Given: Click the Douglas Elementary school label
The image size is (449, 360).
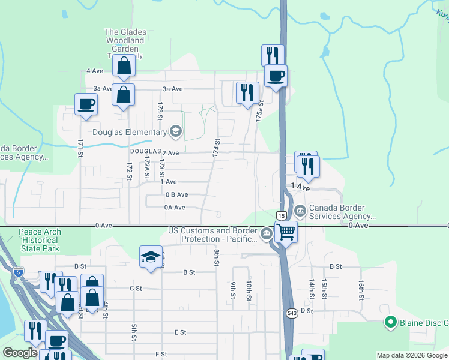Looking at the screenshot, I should coord(129,132).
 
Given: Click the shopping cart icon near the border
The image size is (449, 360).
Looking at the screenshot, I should coord(286,231).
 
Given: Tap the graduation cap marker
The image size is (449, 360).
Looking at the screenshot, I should coord(150,257).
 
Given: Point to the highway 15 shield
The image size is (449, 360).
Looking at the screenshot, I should coord(280,215).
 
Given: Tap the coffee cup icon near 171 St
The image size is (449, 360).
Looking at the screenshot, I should coord(86,104).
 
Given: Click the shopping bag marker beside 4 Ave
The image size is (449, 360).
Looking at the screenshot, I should coord(124,67).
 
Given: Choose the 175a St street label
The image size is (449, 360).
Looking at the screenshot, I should coord(259,112).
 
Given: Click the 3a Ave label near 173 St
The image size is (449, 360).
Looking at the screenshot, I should coord(172,89).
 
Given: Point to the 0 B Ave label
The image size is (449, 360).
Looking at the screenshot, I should coord(177,194).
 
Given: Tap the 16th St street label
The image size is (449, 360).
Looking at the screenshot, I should coord(361,289).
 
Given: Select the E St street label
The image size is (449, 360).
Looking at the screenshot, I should coord(180,332).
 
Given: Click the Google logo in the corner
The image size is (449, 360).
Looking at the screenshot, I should coord(20,353).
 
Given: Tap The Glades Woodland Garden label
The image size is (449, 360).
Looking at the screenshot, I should coord(124,40).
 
